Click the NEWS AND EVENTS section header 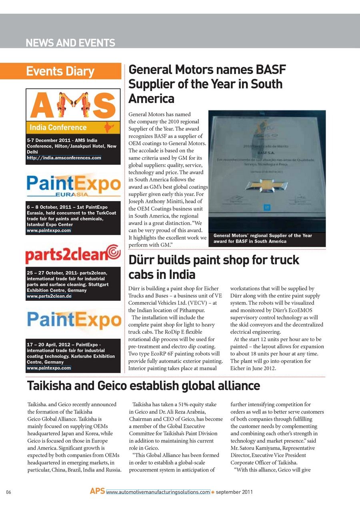pos(70,43)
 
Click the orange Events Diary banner pos(73,71)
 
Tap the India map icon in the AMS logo pos(106,128)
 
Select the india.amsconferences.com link pos(64,158)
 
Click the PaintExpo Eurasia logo pos(73,185)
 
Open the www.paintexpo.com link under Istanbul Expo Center pos(49,230)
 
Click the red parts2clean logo pos(73,254)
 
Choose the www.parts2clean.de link pos(49,296)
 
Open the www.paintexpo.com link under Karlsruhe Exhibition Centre pos(49,367)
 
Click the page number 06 pos(8,492)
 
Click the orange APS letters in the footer pos(97,491)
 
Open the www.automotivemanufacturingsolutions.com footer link pos(158,492)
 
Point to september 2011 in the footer pos(234,492)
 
